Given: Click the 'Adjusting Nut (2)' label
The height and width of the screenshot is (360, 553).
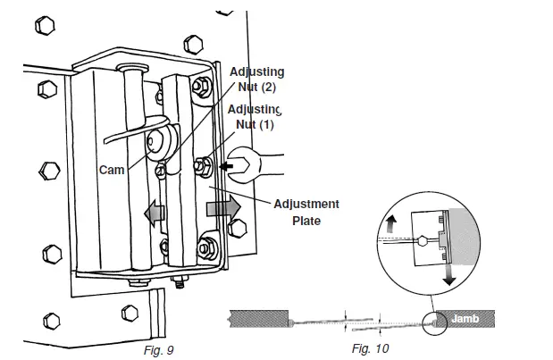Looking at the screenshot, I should point(256,79).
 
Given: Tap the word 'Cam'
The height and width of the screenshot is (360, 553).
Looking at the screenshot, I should point(112,168).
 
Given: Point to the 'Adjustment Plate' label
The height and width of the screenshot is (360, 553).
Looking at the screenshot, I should point(305,212).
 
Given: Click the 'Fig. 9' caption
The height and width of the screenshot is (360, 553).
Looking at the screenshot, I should point(159,349).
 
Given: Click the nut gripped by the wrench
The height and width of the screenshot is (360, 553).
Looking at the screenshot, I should point(203,164).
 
